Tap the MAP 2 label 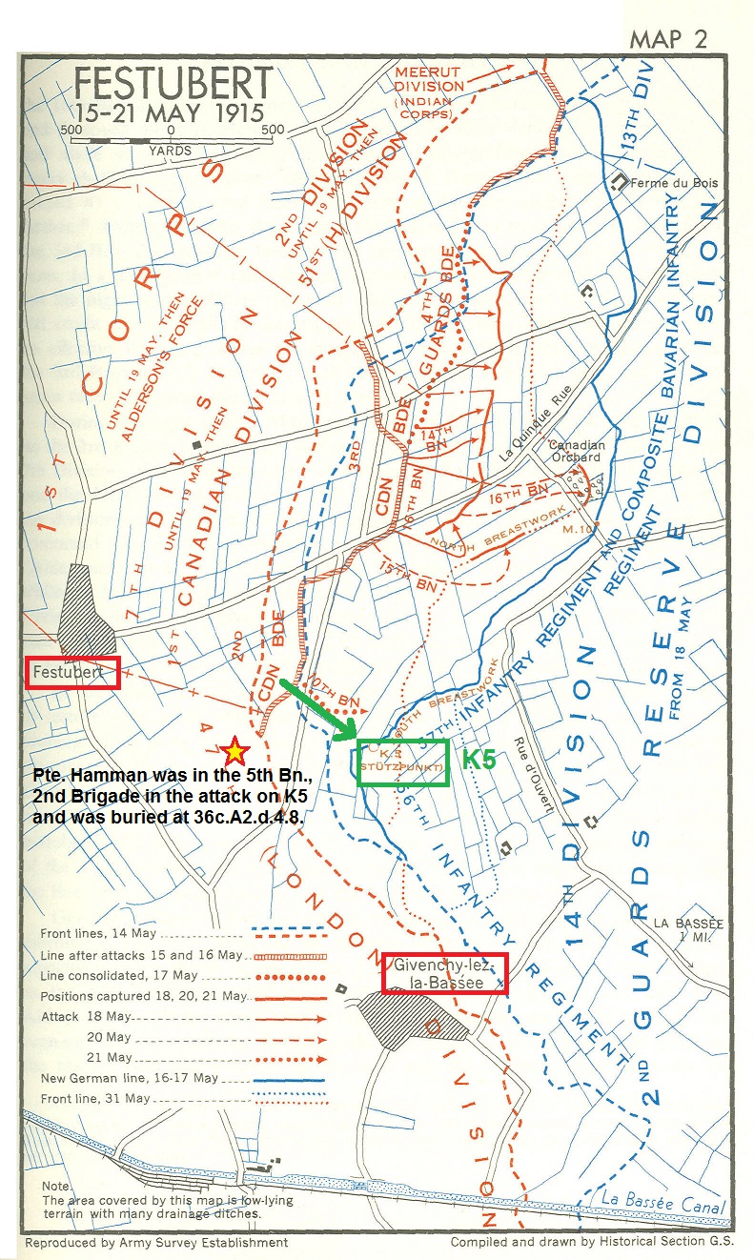coord(669,39)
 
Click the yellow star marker coord(233,750)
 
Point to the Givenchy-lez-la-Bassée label coord(444,973)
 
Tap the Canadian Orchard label coord(576,450)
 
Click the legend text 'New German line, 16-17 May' coord(130,1078)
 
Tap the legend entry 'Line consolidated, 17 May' coord(119,975)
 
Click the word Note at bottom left coord(57,1186)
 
